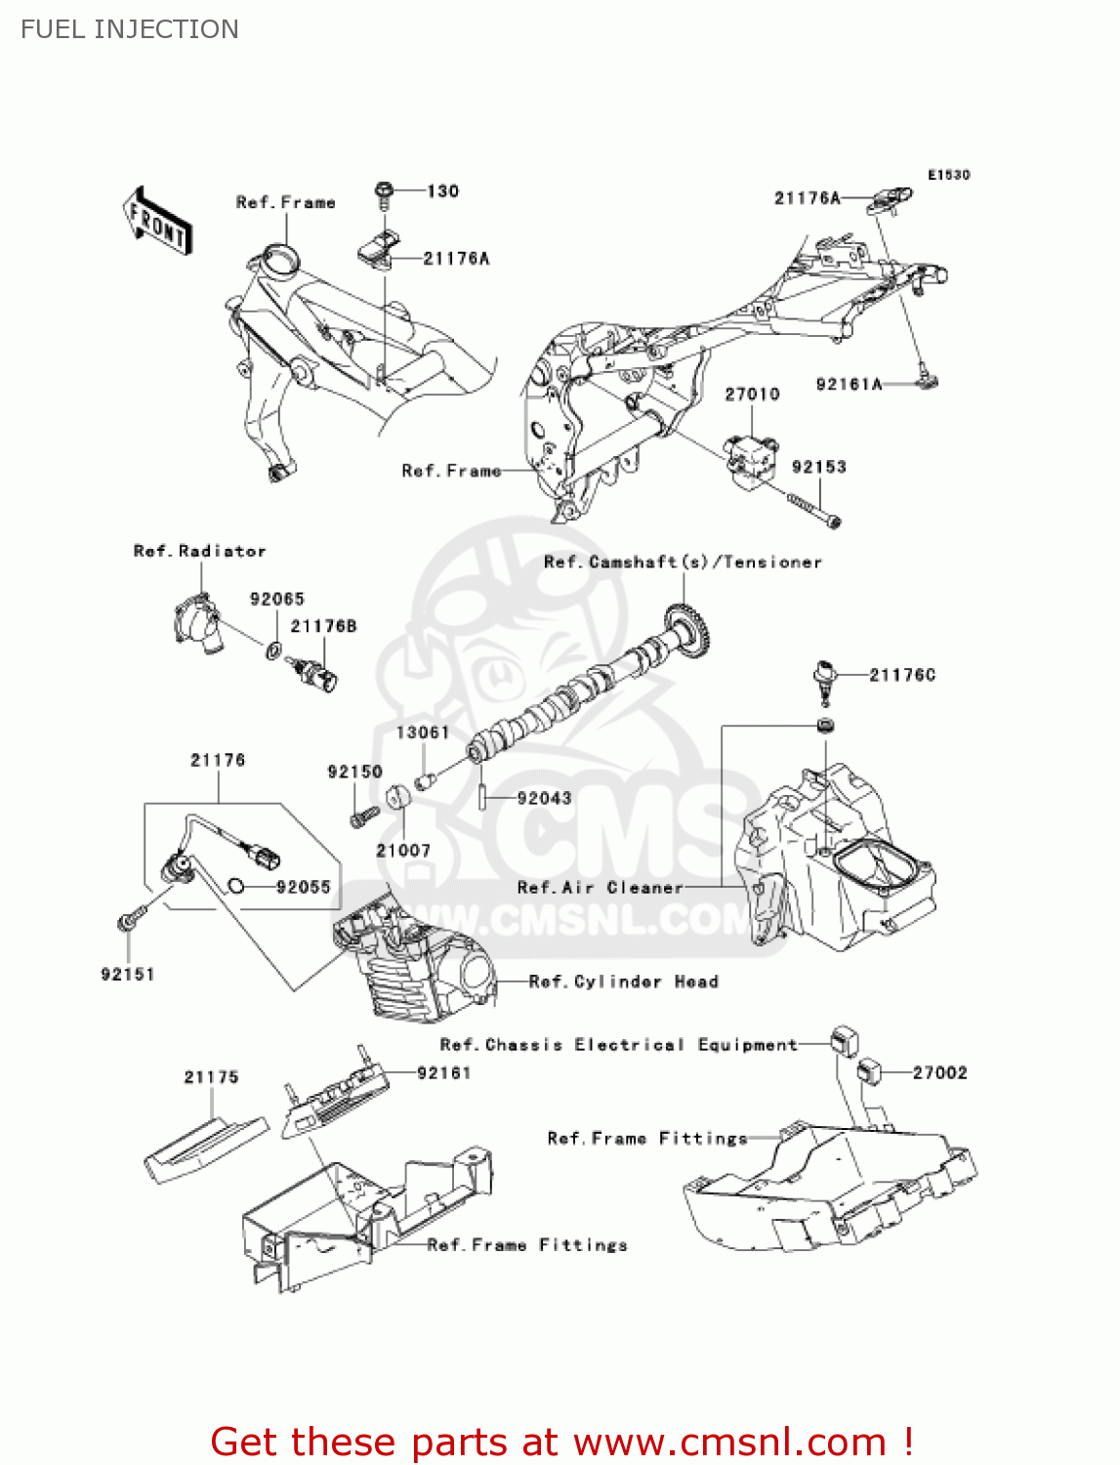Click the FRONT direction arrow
[x=157, y=221]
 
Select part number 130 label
[x=442, y=191]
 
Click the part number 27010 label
[x=752, y=395]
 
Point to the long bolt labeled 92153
[x=813, y=511]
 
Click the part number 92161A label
[x=849, y=385]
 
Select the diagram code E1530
[x=948, y=175]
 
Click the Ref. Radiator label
[x=199, y=552]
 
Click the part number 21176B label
[x=323, y=627]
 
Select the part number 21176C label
[x=901, y=675]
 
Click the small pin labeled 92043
[x=482, y=797]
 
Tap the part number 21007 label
[x=403, y=851]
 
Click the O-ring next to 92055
[x=235, y=887]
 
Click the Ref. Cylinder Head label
[x=623, y=982]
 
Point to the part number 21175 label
[x=211, y=1077]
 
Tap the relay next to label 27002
[x=868, y=1071]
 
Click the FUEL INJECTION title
[x=130, y=29]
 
